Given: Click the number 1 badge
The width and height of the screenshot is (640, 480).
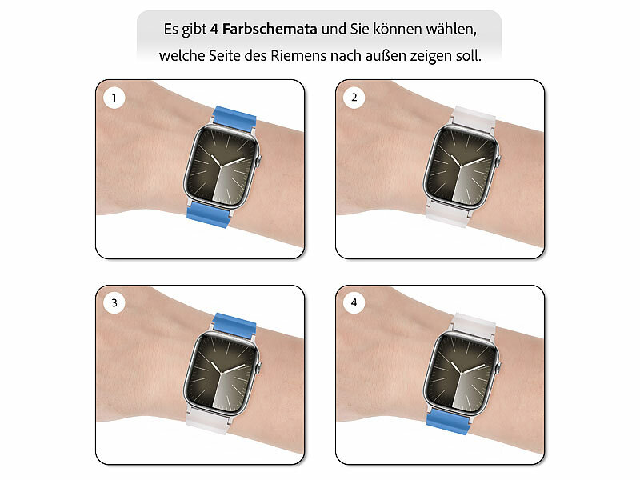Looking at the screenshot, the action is [114, 98].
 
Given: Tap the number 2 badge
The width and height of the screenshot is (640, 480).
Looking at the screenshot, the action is [354, 98].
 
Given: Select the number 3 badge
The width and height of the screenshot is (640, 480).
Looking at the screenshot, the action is [114, 303].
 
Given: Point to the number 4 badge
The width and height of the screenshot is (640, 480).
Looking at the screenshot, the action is [354, 303].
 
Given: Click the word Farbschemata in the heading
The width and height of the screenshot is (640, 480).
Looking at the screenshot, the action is [270, 29].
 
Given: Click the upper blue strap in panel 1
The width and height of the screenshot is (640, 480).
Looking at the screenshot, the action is [234, 116].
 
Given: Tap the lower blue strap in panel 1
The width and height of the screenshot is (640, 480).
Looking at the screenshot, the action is [207, 214].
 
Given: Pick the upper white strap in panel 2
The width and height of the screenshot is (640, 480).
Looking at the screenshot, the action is [474, 118].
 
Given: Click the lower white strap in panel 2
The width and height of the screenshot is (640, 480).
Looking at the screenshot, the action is [447, 214].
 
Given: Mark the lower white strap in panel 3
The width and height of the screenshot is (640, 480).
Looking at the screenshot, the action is [208, 420].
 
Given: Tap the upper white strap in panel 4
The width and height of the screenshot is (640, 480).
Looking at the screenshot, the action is [474, 325].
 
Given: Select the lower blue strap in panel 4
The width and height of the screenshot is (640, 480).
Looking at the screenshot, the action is [447, 422].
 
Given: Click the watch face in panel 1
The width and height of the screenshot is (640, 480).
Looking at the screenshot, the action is [222, 166].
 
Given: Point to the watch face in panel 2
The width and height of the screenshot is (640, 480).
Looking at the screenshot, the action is [462, 166].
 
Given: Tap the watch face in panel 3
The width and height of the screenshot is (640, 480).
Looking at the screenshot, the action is [222, 372].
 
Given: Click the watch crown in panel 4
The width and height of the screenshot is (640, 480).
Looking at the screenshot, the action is [498, 366].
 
